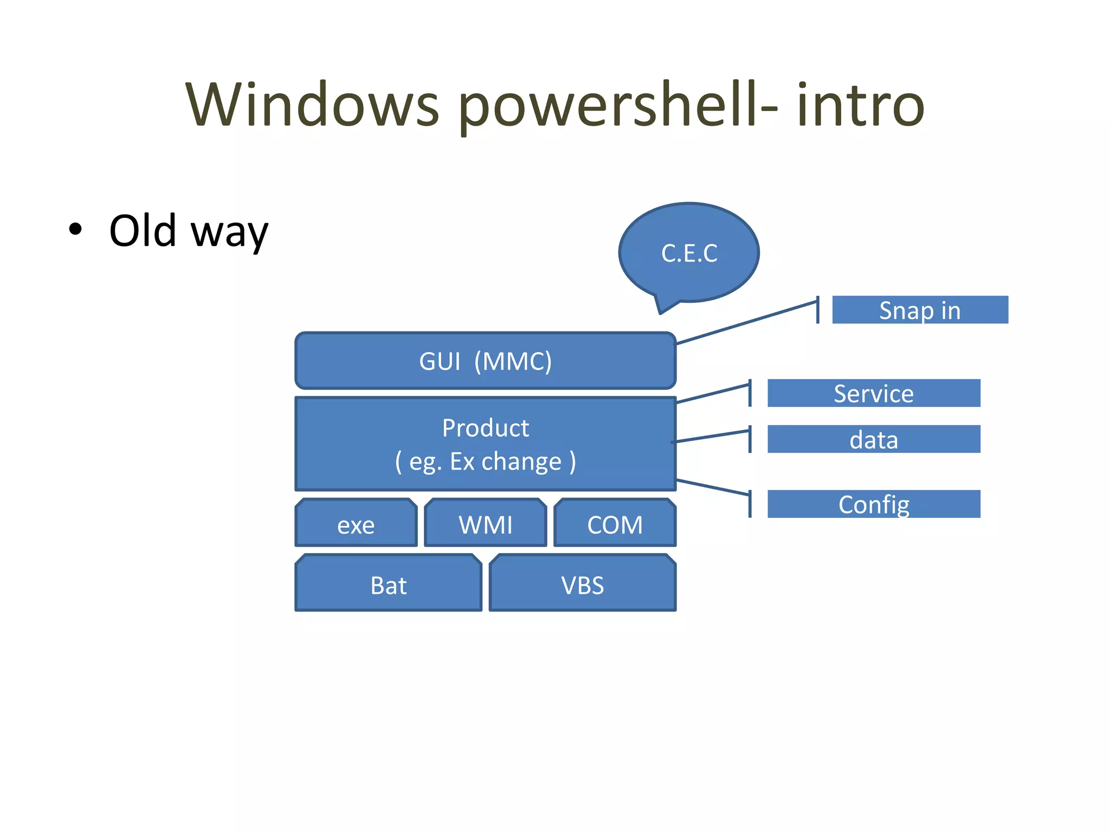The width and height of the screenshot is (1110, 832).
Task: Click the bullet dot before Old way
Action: [x=75, y=230]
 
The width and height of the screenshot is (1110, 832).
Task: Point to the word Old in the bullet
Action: [x=143, y=231]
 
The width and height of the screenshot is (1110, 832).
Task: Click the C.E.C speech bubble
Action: [x=689, y=253]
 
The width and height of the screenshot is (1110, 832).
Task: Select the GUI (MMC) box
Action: [x=485, y=361]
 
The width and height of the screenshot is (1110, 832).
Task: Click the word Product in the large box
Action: [x=485, y=428]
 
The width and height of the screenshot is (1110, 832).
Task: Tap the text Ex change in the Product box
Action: [x=505, y=461]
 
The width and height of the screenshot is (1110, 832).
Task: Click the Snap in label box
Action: [x=920, y=310]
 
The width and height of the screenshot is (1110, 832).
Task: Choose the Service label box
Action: [x=874, y=393]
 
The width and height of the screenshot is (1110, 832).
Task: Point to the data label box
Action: [x=874, y=439]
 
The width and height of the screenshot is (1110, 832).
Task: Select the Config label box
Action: [x=874, y=504]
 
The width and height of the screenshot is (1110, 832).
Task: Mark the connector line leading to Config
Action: [x=713, y=487]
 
